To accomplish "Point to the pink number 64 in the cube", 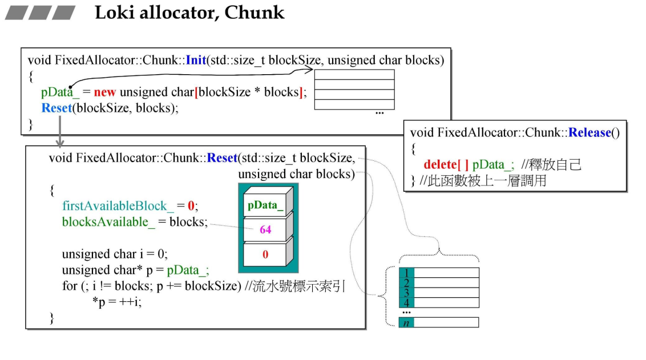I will (x=265, y=230).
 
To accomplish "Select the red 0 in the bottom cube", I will (x=265, y=255).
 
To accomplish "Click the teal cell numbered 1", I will (x=406, y=273).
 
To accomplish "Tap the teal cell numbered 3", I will (x=406, y=292).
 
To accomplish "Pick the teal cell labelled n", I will (x=406, y=323).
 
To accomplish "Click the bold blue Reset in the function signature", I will (x=222, y=158).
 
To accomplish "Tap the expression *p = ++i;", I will (x=116, y=302).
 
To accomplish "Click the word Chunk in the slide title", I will (x=255, y=13).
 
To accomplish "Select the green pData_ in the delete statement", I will (x=494, y=164).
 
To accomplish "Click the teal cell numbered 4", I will (x=406, y=302).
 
